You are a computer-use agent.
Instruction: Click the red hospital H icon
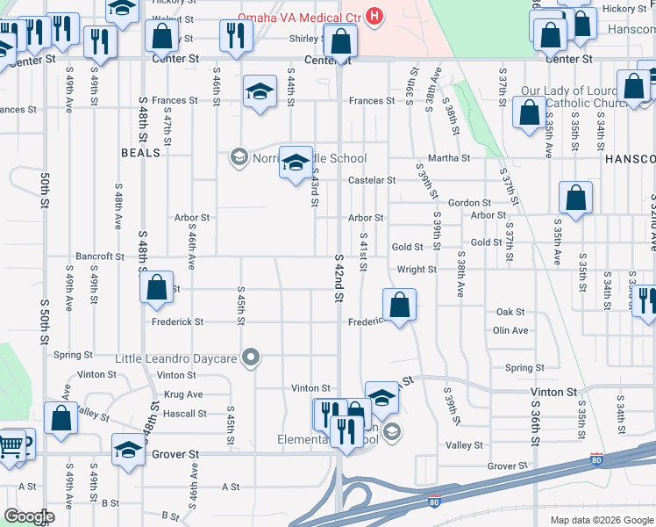point(375,16)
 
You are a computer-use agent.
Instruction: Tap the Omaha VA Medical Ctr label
point(302,17)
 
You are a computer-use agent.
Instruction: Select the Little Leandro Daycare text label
point(176,358)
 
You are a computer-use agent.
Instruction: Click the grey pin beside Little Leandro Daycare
point(252,357)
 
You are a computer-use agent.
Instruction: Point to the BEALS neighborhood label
point(141,152)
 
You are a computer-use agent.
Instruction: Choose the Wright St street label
point(417,270)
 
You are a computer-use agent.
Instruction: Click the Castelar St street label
point(372,180)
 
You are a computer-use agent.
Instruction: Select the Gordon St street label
point(468,203)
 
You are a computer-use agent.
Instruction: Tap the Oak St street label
point(510,312)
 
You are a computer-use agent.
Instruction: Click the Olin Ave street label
point(510,330)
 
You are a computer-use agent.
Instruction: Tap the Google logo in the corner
point(29,516)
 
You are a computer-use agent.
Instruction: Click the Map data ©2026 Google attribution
point(601,520)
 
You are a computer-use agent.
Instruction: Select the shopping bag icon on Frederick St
point(399,305)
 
